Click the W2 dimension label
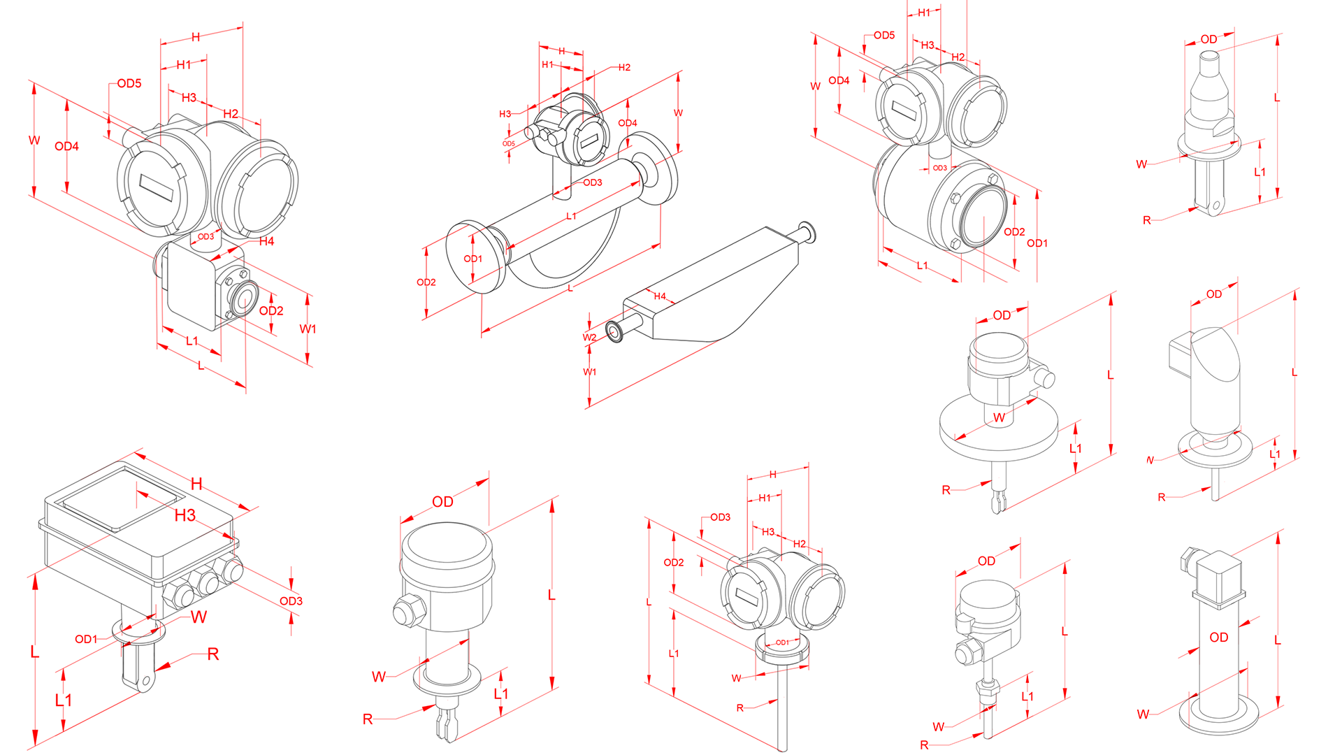589,338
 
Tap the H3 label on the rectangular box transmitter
185,516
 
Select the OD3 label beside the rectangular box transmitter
291,601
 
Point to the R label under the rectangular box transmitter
213,654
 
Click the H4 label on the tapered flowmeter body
660,296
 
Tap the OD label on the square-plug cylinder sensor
1218,638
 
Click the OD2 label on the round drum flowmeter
1013,232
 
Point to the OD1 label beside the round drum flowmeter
1037,243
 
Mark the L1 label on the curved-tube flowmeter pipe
571,217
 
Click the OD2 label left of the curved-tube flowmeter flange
426,282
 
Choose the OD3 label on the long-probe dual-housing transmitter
720,517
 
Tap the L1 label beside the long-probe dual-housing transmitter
673,654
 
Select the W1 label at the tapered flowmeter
589,372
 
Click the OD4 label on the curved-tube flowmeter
627,123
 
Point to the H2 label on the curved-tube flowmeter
624,68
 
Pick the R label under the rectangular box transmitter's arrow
213,654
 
